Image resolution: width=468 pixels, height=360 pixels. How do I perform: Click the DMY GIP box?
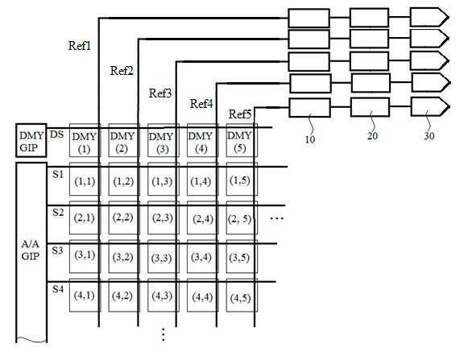click(31, 140)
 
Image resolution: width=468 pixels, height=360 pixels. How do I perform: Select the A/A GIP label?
click(30, 250)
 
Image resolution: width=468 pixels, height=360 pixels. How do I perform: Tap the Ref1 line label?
click(80, 46)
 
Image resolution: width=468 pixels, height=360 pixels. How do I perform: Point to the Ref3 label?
click(160, 93)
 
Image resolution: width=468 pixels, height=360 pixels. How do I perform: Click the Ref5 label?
click(240, 114)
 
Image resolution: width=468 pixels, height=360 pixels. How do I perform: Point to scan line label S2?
click(58, 213)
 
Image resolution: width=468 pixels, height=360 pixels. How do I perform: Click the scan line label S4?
click(58, 289)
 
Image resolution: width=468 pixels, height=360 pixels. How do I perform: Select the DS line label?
click(56, 134)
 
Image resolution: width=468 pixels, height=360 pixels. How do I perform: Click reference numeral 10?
click(310, 139)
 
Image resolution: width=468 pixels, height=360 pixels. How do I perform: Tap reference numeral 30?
click(429, 136)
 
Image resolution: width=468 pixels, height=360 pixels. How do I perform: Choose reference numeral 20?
click(372, 136)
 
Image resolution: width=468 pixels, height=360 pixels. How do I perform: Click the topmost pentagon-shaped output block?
click(429, 17)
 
